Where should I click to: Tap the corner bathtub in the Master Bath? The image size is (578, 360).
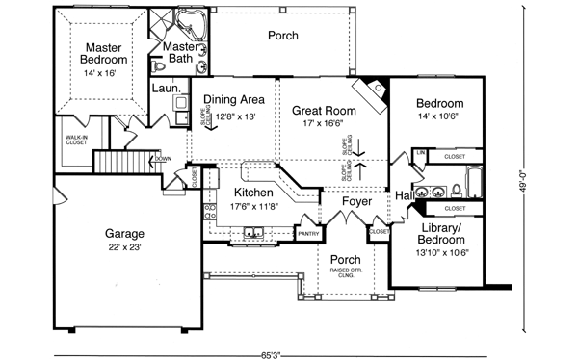pyautogui.click(x=197, y=24)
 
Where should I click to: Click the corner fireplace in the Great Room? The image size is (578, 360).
pyautogui.click(x=371, y=93)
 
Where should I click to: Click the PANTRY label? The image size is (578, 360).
pyautogui.click(x=308, y=233)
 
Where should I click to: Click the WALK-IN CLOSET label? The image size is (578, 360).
pyautogui.click(x=77, y=141)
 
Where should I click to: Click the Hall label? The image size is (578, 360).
pyautogui.click(x=405, y=196)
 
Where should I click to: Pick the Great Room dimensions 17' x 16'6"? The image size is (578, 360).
pyautogui.click(x=325, y=124)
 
